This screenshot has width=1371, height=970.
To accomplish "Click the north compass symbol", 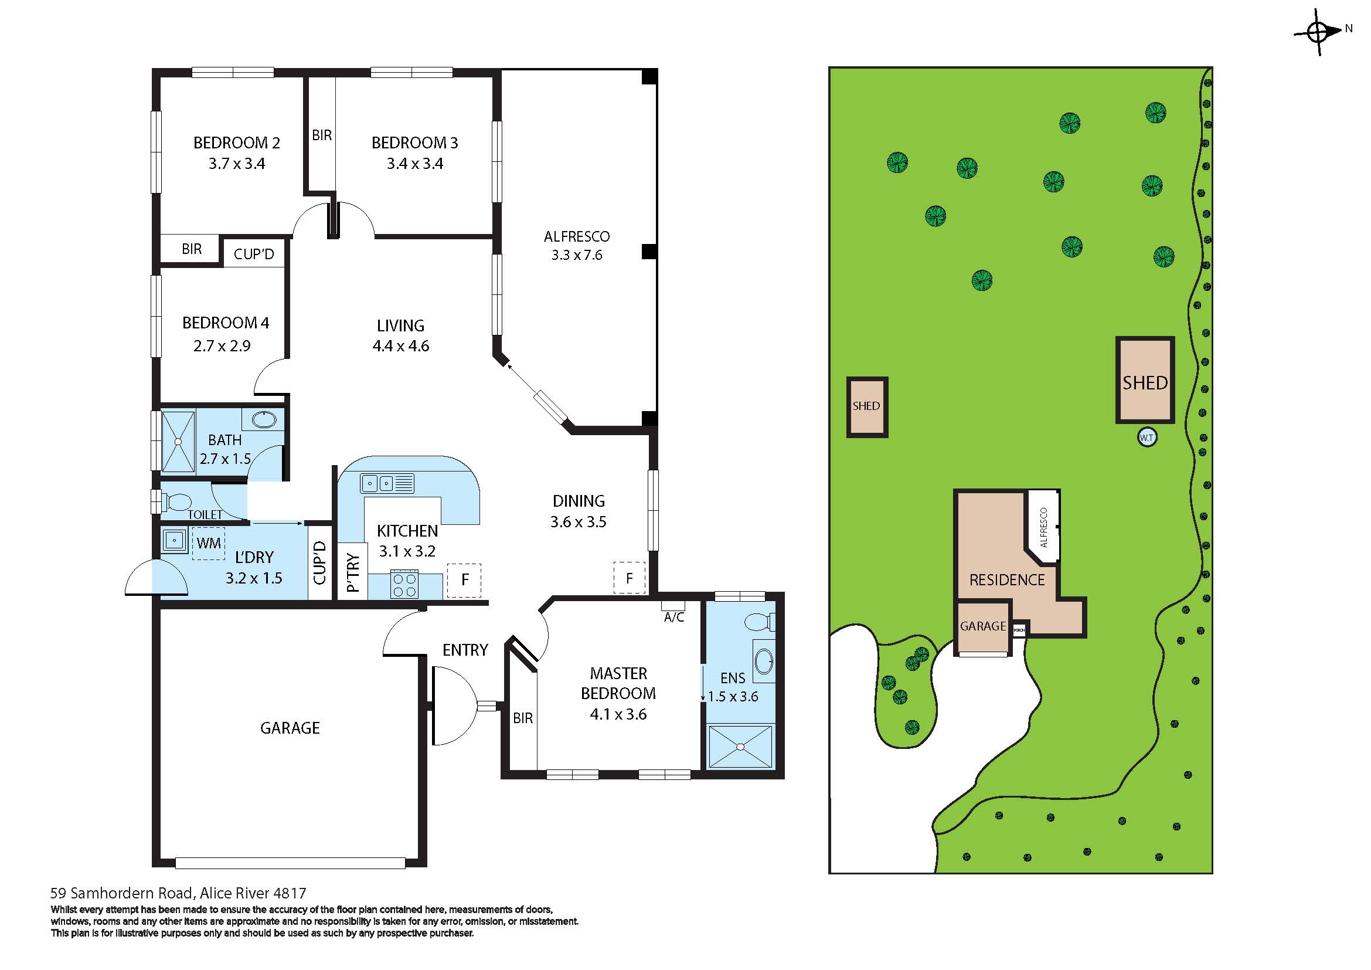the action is [x=1318, y=32].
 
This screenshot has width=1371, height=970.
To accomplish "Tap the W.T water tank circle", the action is [x=1147, y=438].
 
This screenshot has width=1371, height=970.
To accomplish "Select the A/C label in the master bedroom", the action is [x=674, y=617].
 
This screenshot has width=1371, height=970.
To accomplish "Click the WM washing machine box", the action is [x=209, y=544].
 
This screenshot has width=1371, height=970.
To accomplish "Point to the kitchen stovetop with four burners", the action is [x=404, y=584].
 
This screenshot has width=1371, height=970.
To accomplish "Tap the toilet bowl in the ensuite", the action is [x=760, y=622].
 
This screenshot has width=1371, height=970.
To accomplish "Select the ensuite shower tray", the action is [x=740, y=747].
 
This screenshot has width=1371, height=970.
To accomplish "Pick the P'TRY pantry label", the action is [x=353, y=572].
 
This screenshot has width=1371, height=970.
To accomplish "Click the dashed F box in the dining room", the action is [x=630, y=578].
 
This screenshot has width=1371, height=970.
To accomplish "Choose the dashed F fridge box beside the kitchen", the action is [x=464, y=580].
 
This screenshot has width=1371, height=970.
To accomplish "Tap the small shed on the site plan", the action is [x=867, y=407].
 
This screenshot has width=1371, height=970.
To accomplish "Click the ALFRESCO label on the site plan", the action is [x=1044, y=527].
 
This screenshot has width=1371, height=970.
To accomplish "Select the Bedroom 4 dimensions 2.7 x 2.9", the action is [x=222, y=346].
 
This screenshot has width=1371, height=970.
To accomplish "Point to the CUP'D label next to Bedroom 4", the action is [x=254, y=255].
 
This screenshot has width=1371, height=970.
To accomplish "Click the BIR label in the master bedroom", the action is [x=522, y=718].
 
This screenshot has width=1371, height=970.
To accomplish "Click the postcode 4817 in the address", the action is [x=289, y=894].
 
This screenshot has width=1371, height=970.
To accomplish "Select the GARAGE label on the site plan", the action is [x=983, y=626].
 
